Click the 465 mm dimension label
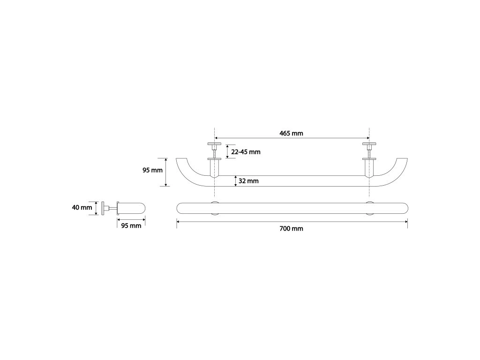pos(291,133)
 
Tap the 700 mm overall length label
pos(291,229)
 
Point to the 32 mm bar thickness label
pos(248,181)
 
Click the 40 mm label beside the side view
pos(82,207)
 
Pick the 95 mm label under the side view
pos(131,226)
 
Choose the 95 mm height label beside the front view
pos(152,170)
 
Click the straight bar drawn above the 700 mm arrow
pos(291,208)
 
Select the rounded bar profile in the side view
pos(131,208)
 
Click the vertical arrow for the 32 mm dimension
pos(235,181)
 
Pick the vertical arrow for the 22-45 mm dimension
pos(227,151)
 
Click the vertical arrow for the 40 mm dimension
pos(96,208)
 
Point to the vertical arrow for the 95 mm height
pos(166,172)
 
